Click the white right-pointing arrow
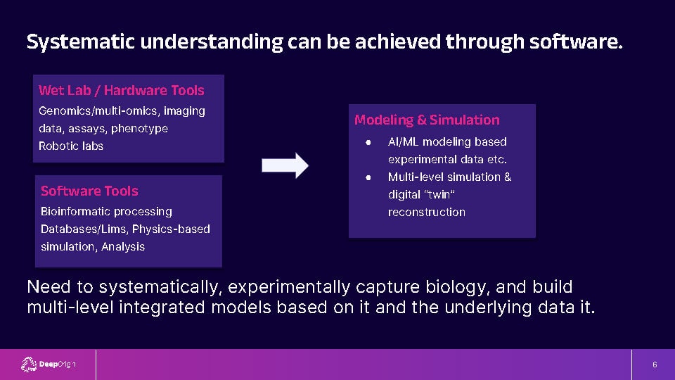pos(285,165)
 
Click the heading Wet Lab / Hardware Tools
pos(122,91)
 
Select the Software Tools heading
pos(89,191)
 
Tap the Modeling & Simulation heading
pos(427,120)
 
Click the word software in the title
pos(576,42)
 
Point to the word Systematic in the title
pos(80,42)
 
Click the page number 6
pos(655,365)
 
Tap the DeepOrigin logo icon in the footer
pos(29,365)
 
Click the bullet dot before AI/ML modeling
pos(368,142)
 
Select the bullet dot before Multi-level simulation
pos(368,177)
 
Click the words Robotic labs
pos(71,146)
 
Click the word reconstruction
pos(427,213)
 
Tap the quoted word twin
pos(439,195)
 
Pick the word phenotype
pos(139,129)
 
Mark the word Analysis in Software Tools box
pos(123,247)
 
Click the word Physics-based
pos(171,229)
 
